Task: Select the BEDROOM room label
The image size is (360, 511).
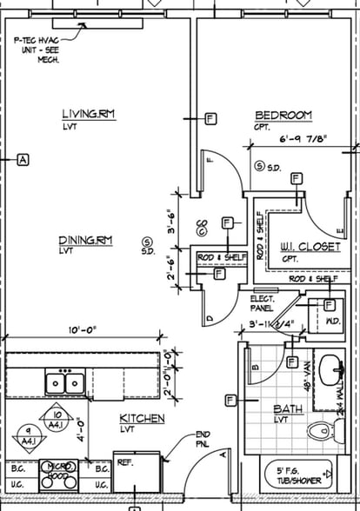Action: point(283,116)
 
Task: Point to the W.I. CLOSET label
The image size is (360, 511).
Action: point(310,247)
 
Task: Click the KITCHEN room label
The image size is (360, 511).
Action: point(142,419)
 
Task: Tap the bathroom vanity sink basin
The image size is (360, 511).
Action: point(330,368)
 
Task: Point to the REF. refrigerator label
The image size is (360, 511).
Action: point(124,463)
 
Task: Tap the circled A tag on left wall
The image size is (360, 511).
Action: point(23,159)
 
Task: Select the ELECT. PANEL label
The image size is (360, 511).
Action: point(263,302)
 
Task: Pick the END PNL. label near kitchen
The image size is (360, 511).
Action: point(203,440)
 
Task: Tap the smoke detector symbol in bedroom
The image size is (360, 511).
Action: point(259,165)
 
